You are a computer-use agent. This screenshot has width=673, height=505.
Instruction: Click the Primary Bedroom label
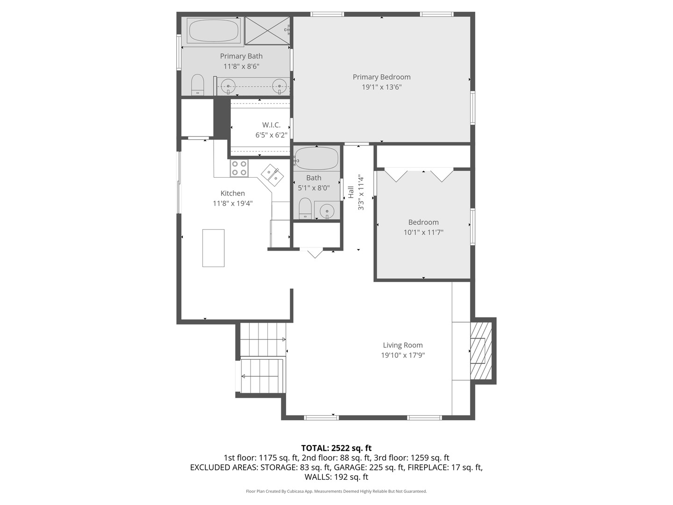tap(381, 77)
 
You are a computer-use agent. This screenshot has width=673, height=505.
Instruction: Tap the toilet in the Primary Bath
tap(197, 85)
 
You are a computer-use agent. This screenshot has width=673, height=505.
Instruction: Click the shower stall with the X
tap(267, 30)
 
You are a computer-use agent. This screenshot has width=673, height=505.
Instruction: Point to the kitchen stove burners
tap(239, 168)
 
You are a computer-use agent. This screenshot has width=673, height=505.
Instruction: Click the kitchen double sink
tap(272, 175)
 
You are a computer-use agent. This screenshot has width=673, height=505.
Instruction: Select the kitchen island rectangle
tap(213, 248)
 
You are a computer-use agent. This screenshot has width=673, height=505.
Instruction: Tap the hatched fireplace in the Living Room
tap(481, 351)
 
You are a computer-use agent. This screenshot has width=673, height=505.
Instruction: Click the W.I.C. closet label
tap(271, 125)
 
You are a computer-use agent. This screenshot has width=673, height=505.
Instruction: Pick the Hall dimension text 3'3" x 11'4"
tap(361, 193)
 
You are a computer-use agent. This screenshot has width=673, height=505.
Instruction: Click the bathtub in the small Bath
tap(316, 158)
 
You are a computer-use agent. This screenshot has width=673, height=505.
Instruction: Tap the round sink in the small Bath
tap(327, 211)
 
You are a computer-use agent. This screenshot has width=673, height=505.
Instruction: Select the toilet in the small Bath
tap(305, 208)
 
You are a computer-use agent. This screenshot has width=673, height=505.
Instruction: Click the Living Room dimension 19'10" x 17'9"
tap(402, 355)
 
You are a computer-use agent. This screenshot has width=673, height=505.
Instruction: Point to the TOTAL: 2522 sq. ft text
tap(336, 448)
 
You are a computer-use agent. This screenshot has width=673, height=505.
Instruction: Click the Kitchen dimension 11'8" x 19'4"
tap(233, 203)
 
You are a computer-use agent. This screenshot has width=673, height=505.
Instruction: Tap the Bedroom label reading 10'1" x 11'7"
tap(423, 232)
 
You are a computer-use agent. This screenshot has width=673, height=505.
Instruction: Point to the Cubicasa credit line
tap(336, 491)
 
